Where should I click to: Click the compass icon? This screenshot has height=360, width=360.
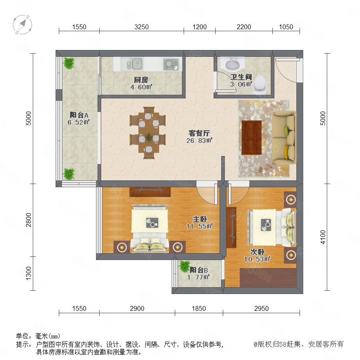point(22,24)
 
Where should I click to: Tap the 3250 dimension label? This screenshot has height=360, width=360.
point(142,27)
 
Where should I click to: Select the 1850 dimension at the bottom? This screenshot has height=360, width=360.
point(199,308)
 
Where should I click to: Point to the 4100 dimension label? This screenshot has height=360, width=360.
point(323,237)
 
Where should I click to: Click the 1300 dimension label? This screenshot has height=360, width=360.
point(28,273)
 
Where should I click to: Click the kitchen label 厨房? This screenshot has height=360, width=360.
point(141,80)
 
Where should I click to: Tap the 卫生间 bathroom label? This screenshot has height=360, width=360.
point(241,77)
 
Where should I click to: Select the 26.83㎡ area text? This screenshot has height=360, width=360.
point(199,140)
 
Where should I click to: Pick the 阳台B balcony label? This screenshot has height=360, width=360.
point(199,270)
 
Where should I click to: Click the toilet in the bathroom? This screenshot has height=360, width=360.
point(260,84)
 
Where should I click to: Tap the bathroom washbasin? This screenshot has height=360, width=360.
point(232,63)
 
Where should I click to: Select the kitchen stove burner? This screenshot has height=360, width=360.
point(171,64)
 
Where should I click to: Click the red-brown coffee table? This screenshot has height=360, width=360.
point(252,138)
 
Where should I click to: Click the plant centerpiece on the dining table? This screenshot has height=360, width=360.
point(149,137)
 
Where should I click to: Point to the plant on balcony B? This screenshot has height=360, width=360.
point(184,266)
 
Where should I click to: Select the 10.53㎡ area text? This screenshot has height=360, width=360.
point(257,259)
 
